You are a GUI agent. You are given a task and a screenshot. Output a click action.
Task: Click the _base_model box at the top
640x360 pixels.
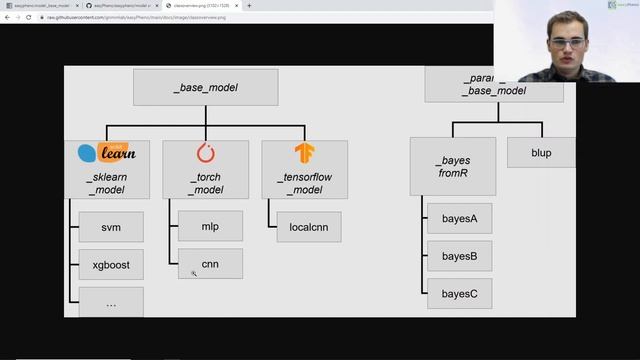click(205, 87)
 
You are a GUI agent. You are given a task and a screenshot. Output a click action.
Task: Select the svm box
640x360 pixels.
click(111, 227)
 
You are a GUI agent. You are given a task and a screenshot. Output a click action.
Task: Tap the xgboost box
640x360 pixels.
click(111, 264)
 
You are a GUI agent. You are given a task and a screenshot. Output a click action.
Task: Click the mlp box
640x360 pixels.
click(210, 226)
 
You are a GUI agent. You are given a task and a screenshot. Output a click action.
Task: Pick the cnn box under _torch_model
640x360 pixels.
click(210, 264)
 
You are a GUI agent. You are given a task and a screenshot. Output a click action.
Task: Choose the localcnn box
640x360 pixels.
click(309, 227)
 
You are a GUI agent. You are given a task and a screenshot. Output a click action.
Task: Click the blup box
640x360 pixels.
click(541, 153)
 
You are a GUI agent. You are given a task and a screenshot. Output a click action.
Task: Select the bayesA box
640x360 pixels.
click(459, 218)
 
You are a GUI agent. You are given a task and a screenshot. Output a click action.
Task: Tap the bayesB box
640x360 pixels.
click(459, 256)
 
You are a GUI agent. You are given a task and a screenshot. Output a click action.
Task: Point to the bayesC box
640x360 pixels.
click(459, 293)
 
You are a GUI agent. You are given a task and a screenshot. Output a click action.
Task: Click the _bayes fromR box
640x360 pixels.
click(452, 166)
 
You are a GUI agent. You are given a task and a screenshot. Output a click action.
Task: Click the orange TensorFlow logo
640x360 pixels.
click(304, 153)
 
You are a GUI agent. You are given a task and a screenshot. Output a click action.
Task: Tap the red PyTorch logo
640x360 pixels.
click(206, 153)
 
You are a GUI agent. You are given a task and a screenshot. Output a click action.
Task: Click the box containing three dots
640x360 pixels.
click(111, 302)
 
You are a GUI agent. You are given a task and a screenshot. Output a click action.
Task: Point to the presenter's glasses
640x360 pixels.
click(566, 43)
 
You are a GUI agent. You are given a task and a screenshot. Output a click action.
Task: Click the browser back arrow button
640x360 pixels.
click(8, 18)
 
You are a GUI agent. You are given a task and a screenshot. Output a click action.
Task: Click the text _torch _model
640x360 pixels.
click(206, 183)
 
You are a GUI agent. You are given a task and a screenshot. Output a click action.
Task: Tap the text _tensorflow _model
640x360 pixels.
click(305, 183)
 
